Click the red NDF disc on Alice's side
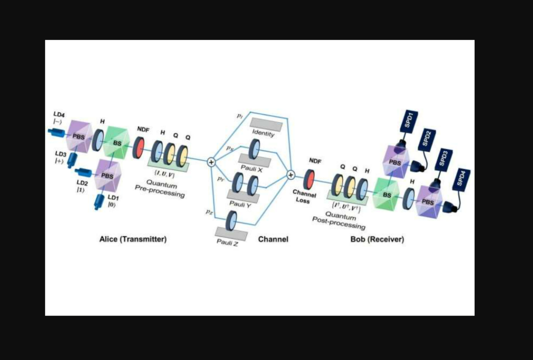pos(140,147)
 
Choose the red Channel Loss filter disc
pos(309,179)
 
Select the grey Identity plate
pos(266,124)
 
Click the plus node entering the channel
pos(211,162)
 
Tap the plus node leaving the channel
pos(291,175)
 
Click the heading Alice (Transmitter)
pos(133,239)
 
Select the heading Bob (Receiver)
pos(377,239)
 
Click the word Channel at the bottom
pos(273,239)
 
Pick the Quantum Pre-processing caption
pos(160,190)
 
